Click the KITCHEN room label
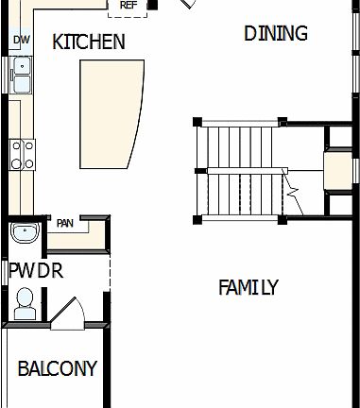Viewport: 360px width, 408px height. [x=89, y=42]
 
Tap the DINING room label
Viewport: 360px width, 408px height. [x=276, y=34]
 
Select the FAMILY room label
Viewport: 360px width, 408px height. [x=249, y=287]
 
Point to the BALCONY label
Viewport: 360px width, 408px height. [x=57, y=368]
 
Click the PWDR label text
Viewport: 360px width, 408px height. [x=35, y=271]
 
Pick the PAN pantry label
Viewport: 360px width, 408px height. [x=65, y=224]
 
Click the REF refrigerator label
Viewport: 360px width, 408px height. [x=129, y=5]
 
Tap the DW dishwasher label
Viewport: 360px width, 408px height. [x=20, y=40]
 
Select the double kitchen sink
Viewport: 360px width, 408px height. [x=21, y=75]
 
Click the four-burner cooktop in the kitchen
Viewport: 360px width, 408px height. [x=22, y=153]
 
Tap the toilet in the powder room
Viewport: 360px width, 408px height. [x=26, y=301]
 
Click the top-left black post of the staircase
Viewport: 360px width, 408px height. [x=197, y=121]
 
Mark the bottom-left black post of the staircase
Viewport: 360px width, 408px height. [x=197, y=220]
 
